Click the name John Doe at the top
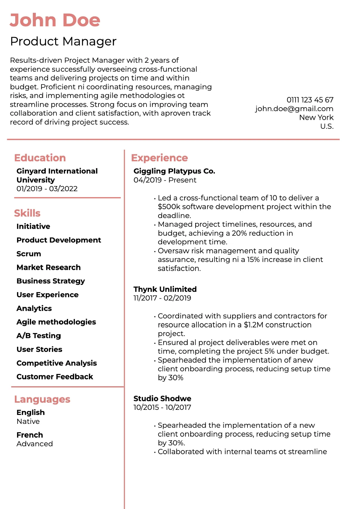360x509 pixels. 55,20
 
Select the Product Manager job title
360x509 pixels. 63,41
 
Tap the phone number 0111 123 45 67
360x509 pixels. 310,100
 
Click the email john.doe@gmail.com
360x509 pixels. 294,109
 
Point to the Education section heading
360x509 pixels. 40,158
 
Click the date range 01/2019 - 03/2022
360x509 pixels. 47,189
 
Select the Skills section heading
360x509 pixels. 27,213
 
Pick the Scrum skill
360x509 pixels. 29,254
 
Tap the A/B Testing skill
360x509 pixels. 39,336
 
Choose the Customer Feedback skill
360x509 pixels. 55,377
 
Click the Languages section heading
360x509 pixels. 42,399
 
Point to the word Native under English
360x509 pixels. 28,421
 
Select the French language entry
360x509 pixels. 30,435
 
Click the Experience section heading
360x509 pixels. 159,158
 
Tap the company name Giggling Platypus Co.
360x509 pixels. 174,171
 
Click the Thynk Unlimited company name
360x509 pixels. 165,289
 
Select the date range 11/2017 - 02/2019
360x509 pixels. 162,298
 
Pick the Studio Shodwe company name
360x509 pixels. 162,398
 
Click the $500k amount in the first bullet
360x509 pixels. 169,207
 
